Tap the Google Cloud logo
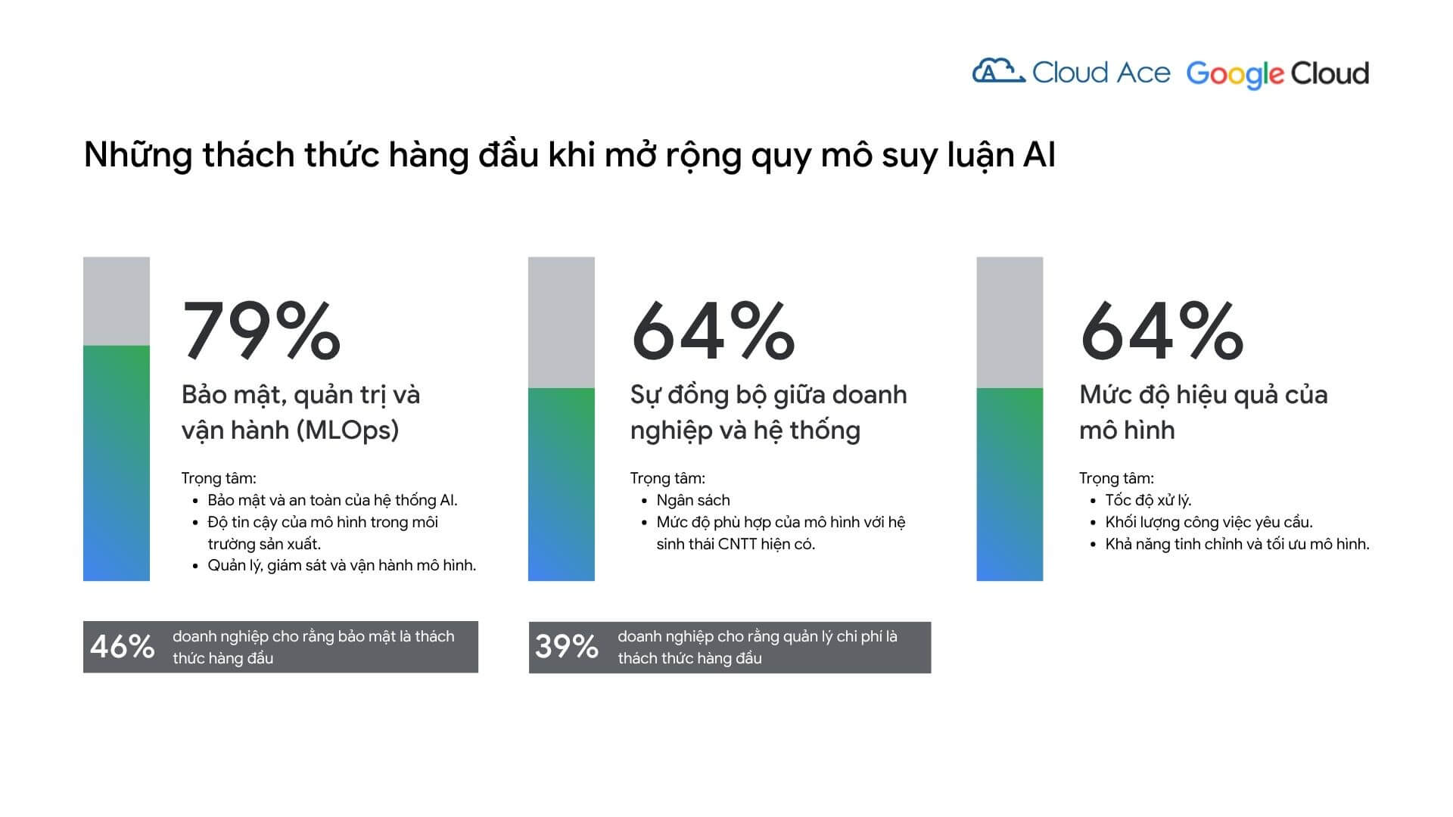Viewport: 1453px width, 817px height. (1277, 74)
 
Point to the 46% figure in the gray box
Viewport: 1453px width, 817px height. (122, 647)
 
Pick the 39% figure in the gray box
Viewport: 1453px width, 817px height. (567, 647)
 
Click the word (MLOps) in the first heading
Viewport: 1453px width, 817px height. (347, 430)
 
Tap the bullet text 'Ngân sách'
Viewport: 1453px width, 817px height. (693, 500)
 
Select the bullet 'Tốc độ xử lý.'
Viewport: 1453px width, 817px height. (1148, 500)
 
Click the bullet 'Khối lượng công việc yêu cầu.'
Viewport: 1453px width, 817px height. (1209, 522)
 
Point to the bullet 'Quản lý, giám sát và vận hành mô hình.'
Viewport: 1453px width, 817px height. (342, 565)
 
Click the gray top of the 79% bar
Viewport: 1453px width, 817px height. (117, 301)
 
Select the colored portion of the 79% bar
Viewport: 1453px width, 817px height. (117, 463)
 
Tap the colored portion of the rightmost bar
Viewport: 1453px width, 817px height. (1010, 484)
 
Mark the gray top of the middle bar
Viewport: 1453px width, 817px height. (562, 322)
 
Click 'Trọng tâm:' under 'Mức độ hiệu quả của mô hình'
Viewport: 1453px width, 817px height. (1116, 478)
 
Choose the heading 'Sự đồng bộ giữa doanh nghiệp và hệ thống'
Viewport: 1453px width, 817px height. (768, 412)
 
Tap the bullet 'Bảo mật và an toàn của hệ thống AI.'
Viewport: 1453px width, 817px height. (333, 500)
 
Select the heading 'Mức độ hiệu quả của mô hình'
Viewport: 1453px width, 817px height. (1203, 412)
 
